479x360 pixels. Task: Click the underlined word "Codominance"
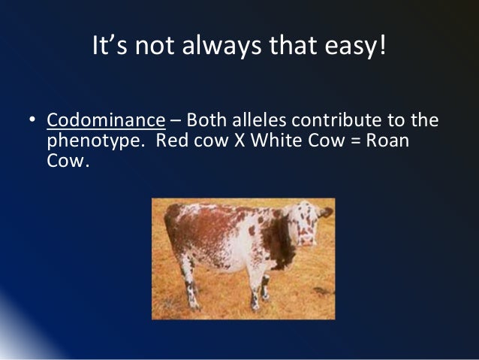[106, 120]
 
